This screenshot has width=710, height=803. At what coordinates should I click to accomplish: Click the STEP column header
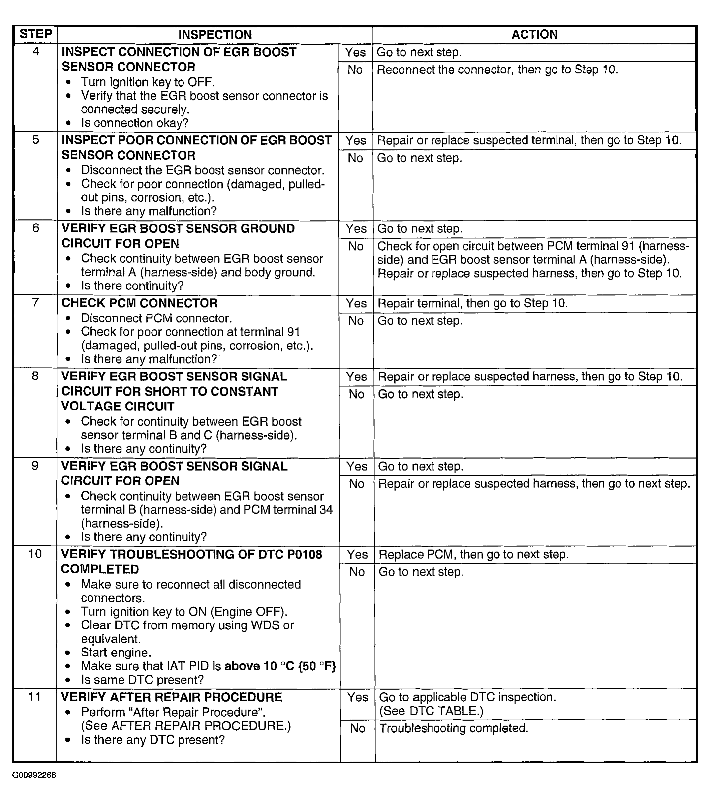click(35, 34)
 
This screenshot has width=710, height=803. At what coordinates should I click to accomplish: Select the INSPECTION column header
click(215, 35)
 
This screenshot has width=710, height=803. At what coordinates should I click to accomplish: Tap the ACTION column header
click(534, 35)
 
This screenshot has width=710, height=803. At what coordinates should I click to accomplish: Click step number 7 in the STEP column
click(35, 302)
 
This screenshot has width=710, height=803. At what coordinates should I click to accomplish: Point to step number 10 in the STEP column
click(35, 554)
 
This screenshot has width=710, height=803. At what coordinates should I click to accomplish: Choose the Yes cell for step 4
click(355, 52)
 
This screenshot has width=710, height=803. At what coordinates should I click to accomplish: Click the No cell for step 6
click(356, 246)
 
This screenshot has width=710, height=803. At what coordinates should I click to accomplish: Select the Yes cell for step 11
click(358, 697)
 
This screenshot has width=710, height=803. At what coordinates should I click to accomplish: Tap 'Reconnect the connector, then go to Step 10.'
click(497, 70)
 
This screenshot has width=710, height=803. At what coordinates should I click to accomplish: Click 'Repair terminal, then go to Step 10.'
click(472, 303)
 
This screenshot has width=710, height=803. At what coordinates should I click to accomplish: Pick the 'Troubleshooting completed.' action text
click(454, 728)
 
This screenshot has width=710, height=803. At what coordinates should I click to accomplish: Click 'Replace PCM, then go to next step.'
click(474, 555)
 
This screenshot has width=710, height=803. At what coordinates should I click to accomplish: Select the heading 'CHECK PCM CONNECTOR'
click(139, 303)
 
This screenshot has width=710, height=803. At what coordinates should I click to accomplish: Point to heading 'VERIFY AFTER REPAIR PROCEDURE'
click(171, 697)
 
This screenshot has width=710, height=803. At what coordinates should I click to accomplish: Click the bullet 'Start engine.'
click(116, 653)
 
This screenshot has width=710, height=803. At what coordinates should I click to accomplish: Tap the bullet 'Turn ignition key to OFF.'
click(148, 82)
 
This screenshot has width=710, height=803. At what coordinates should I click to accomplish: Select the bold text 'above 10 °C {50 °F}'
click(280, 666)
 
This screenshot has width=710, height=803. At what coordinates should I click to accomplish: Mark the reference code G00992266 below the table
click(34, 775)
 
